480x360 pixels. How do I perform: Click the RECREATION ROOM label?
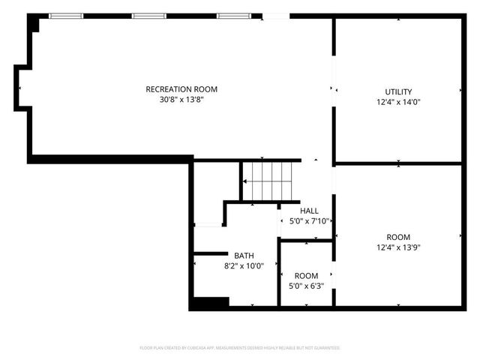click(181, 89)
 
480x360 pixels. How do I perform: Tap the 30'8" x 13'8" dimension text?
click(181, 99)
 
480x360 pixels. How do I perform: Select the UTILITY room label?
click(398, 92)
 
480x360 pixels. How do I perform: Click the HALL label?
click(309, 211)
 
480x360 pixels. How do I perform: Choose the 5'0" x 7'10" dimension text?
click(310, 221)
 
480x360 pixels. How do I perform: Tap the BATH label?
click(244, 255)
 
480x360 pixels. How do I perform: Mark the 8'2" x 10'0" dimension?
click(244, 265)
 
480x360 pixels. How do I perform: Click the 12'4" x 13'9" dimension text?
click(398, 247)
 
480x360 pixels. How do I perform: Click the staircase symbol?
click(267, 181)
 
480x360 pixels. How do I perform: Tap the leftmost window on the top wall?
click(66, 15)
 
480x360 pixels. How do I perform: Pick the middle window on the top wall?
click(148, 15)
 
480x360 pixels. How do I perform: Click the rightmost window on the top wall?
click(233, 15)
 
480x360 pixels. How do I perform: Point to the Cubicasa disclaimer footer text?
click(240, 348)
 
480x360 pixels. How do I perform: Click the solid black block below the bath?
click(209, 302)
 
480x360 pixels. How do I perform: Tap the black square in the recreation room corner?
click(34, 24)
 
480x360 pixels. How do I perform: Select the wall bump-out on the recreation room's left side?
click(21, 88)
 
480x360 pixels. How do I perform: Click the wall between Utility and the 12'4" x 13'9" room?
click(397, 163)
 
